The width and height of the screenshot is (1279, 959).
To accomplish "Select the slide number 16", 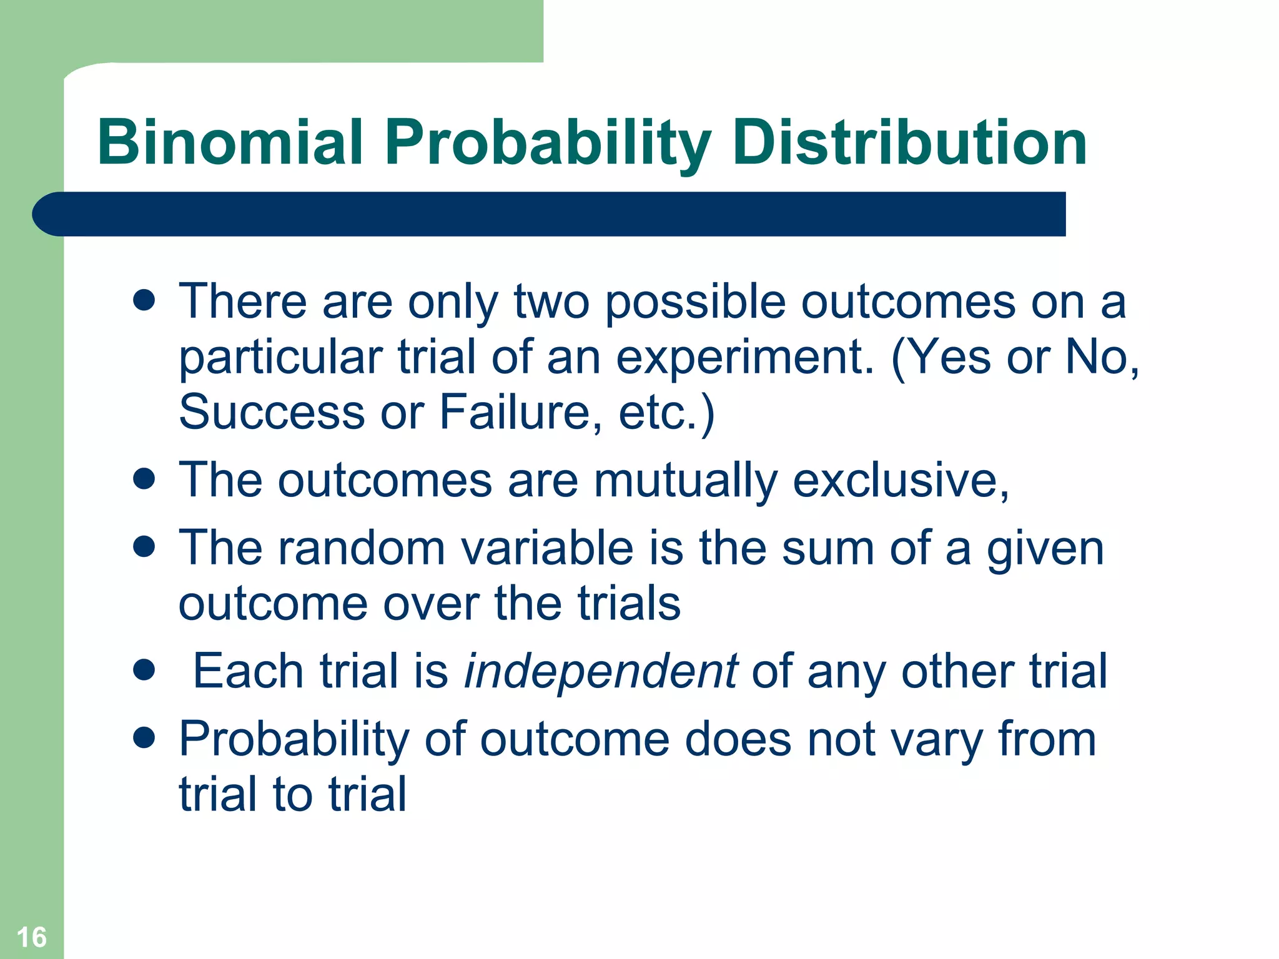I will tap(31, 937).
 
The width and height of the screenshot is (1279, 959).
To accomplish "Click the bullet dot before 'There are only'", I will tap(144, 300).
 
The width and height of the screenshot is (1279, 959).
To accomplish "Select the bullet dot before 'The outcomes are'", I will tap(144, 479).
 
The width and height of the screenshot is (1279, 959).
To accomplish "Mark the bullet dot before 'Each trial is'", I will tap(144, 671).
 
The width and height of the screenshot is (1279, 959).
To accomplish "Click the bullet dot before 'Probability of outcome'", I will tap(144, 738).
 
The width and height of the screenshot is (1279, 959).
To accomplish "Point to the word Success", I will tap(272, 412).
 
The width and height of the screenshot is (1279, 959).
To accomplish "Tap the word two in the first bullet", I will tap(551, 302).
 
